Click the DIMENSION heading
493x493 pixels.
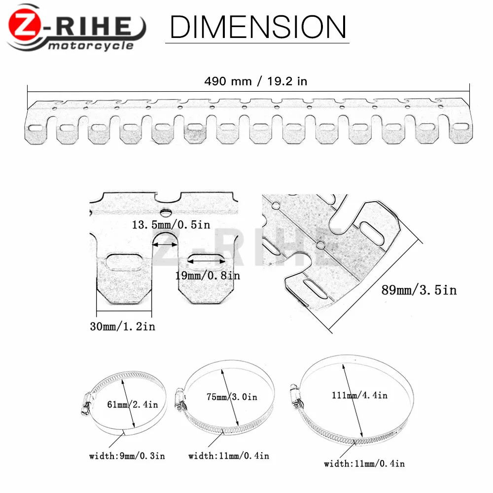click(258, 27)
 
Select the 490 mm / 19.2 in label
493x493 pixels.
click(255, 81)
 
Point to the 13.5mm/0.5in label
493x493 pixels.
click(171, 224)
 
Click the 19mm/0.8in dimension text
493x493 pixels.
click(208, 276)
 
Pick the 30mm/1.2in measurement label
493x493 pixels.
click(123, 326)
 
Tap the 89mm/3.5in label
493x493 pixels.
click(419, 290)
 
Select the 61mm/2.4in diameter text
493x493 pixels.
click(132, 404)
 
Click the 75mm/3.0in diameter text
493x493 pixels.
click(232, 397)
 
